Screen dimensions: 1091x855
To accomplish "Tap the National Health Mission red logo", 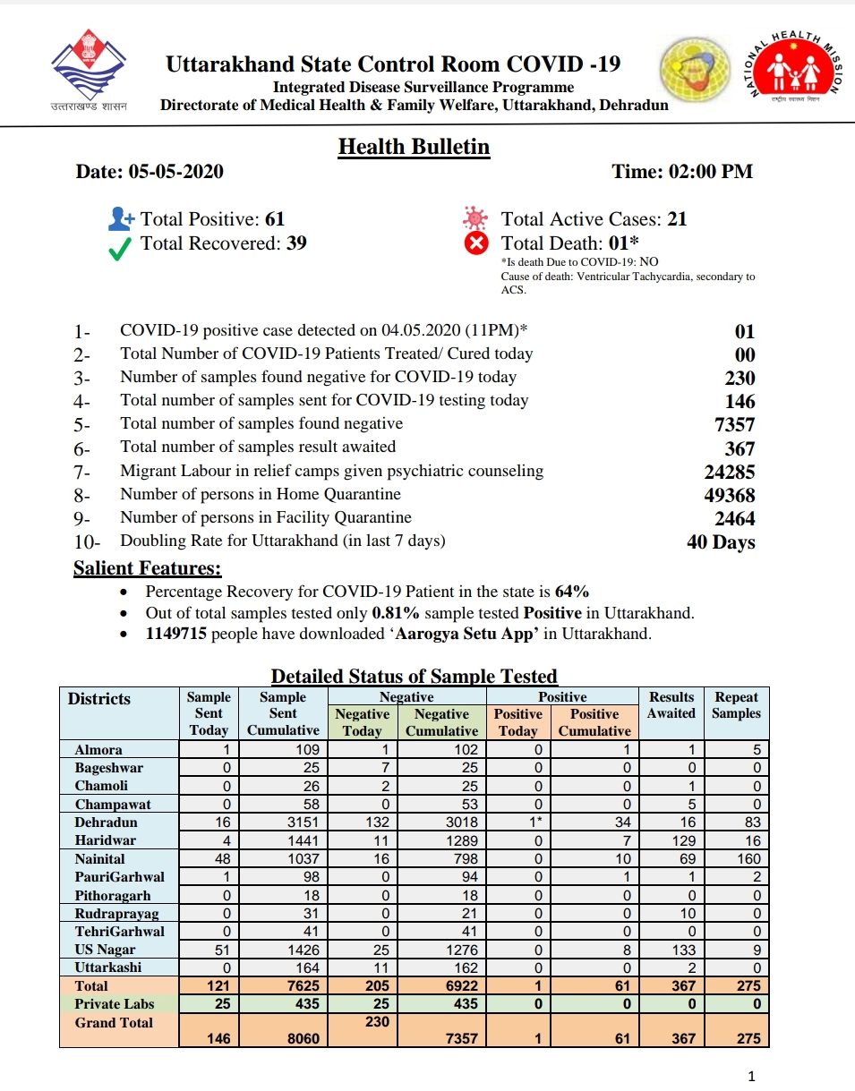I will tap(796, 70).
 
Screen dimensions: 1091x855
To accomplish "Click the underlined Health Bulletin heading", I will tap(414, 146).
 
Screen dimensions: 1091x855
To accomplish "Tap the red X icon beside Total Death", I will tap(477, 243).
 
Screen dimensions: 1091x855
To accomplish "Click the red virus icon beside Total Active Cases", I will tap(475, 218).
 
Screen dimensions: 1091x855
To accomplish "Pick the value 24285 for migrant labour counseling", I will tap(729, 472).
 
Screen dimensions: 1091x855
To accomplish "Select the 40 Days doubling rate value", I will tap(721, 542).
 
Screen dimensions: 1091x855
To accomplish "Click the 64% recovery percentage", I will tap(572, 592).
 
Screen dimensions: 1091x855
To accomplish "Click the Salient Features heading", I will tap(147, 568).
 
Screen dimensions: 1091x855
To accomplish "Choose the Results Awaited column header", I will tap(671, 705).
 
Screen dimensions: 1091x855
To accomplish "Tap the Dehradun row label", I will tap(106, 823).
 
